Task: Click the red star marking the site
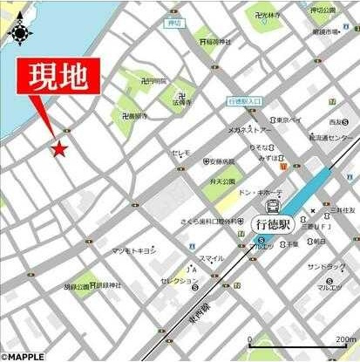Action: [x=59, y=149]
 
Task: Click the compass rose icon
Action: [x=19, y=33]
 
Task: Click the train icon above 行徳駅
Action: [x=273, y=207]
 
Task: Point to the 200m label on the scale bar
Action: [x=344, y=340]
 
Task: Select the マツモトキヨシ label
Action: [x=133, y=251]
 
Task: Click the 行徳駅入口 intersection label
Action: [x=244, y=101]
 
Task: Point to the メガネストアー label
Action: [x=250, y=129]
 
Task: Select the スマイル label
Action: [x=211, y=258]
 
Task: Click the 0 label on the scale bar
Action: [x=250, y=340]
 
